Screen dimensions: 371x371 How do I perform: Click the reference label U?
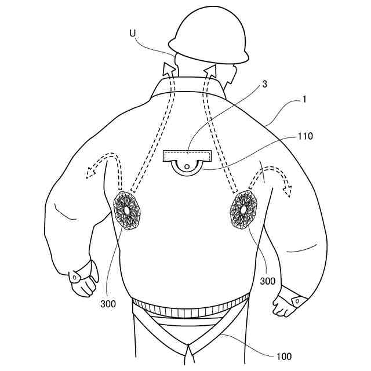pos(133,34)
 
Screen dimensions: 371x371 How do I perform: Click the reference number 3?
pos(264,83)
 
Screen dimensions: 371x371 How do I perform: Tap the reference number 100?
pos(284,356)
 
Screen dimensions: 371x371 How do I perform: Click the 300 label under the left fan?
pos(107,303)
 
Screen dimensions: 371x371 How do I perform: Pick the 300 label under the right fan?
pos(267,281)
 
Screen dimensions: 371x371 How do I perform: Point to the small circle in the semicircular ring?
pos(187,169)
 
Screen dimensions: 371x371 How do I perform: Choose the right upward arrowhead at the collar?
pos(210,71)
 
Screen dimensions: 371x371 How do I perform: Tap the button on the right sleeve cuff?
pos(296,301)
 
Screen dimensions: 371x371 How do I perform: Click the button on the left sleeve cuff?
pos(75,277)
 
